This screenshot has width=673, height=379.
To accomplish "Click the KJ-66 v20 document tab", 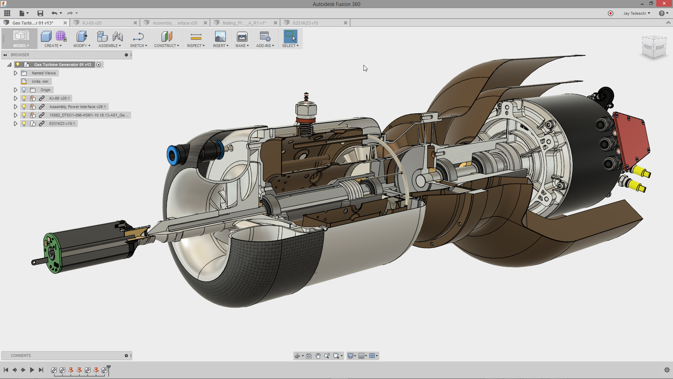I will click(x=92, y=23).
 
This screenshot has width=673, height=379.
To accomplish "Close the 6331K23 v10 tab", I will click(x=346, y=23).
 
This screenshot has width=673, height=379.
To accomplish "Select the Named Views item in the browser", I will click(x=43, y=73).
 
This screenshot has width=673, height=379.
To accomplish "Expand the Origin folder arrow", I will click(x=15, y=90).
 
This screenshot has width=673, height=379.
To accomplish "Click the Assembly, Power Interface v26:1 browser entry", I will click(x=77, y=107).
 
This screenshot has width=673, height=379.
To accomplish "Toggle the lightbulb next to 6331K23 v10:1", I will click(x=24, y=124).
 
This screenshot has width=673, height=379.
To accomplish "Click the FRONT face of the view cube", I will click(x=647, y=47).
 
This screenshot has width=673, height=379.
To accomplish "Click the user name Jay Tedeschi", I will click(x=634, y=13).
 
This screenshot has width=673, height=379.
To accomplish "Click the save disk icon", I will click(x=40, y=13).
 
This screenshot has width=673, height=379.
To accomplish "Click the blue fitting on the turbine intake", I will click(x=172, y=155).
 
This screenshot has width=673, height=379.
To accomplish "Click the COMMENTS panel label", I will click(x=21, y=355).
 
